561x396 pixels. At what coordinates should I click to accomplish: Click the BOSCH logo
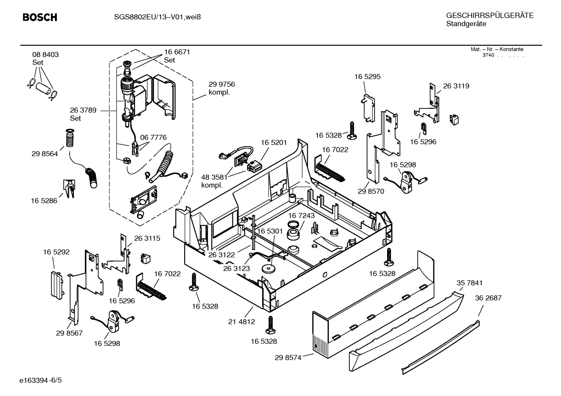coord(40,17)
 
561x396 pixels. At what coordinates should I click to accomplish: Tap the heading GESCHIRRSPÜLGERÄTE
coord(489,16)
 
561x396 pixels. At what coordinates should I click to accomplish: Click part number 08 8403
coord(46,55)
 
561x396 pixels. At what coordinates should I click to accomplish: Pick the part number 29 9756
coord(221,84)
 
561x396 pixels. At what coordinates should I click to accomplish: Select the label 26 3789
coord(83,110)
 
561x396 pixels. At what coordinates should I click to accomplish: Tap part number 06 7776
coord(153,138)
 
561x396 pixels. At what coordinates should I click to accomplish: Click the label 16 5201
coord(273,143)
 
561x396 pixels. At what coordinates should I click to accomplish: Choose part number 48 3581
coord(214,178)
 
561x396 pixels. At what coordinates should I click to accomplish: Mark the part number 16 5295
coord(367,77)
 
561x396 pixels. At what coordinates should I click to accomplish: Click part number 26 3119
coord(456,86)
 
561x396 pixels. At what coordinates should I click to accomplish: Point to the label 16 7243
coord(302,215)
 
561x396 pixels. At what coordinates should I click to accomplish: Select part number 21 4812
coord(242,322)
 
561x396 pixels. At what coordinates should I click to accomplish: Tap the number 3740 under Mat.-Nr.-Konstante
coord(488,55)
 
